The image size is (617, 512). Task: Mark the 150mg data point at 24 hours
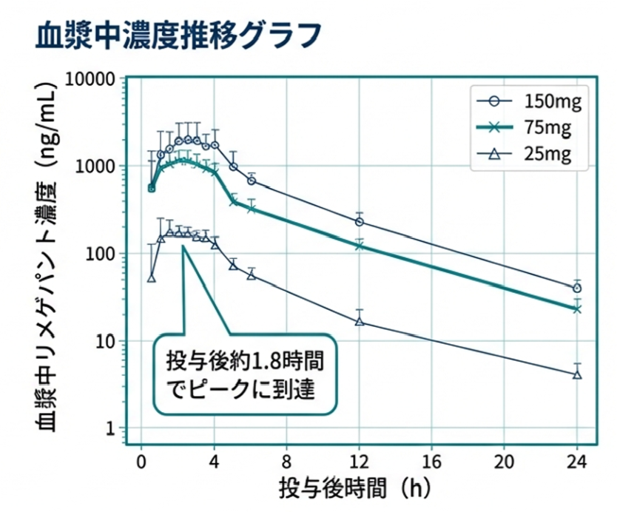(x=577, y=289)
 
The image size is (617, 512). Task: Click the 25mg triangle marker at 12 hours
(x=360, y=321)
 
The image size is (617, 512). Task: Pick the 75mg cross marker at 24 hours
(x=577, y=309)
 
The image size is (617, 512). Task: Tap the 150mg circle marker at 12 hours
(x=360, y=222)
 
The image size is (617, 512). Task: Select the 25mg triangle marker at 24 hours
(x=577, y=374)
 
